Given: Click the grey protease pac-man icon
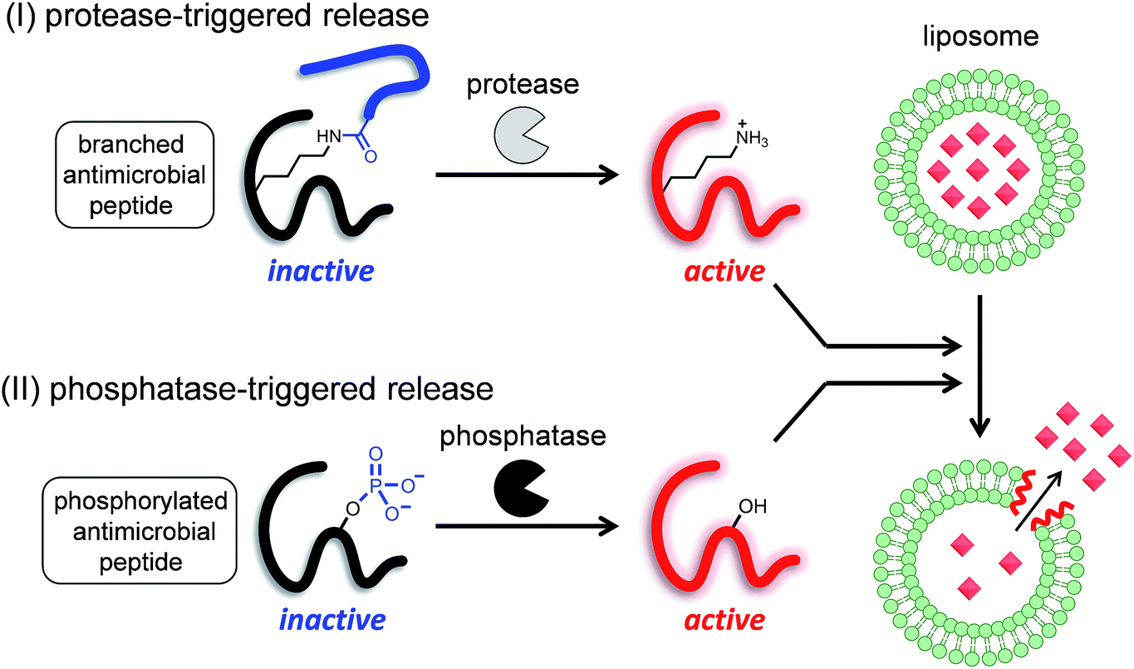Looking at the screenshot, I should (521, 133).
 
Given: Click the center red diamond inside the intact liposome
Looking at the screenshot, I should (982, 170).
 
